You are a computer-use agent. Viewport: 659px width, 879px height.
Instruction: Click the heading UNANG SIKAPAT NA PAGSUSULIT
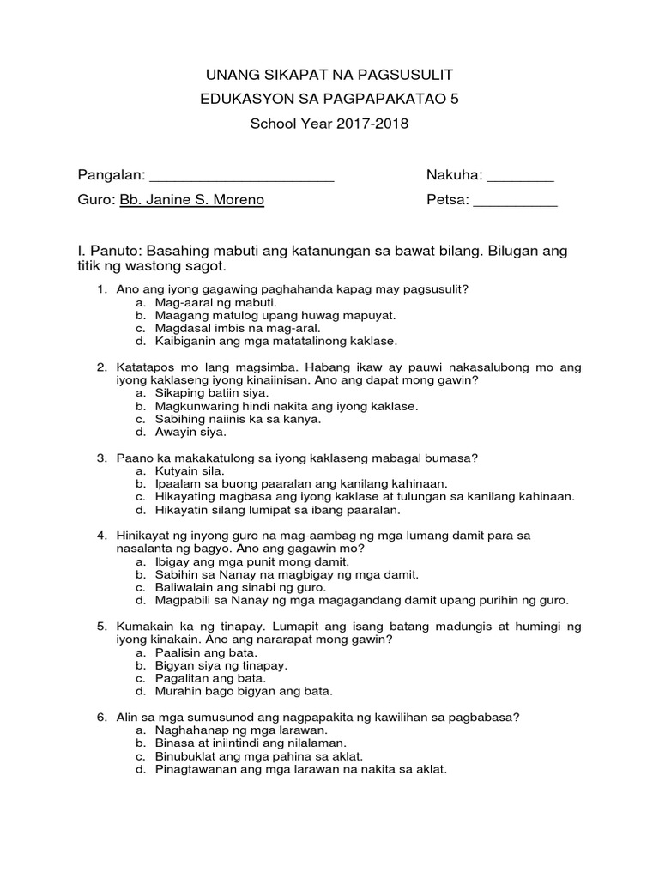329,76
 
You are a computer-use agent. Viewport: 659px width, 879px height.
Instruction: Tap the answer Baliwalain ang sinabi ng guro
240,587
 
